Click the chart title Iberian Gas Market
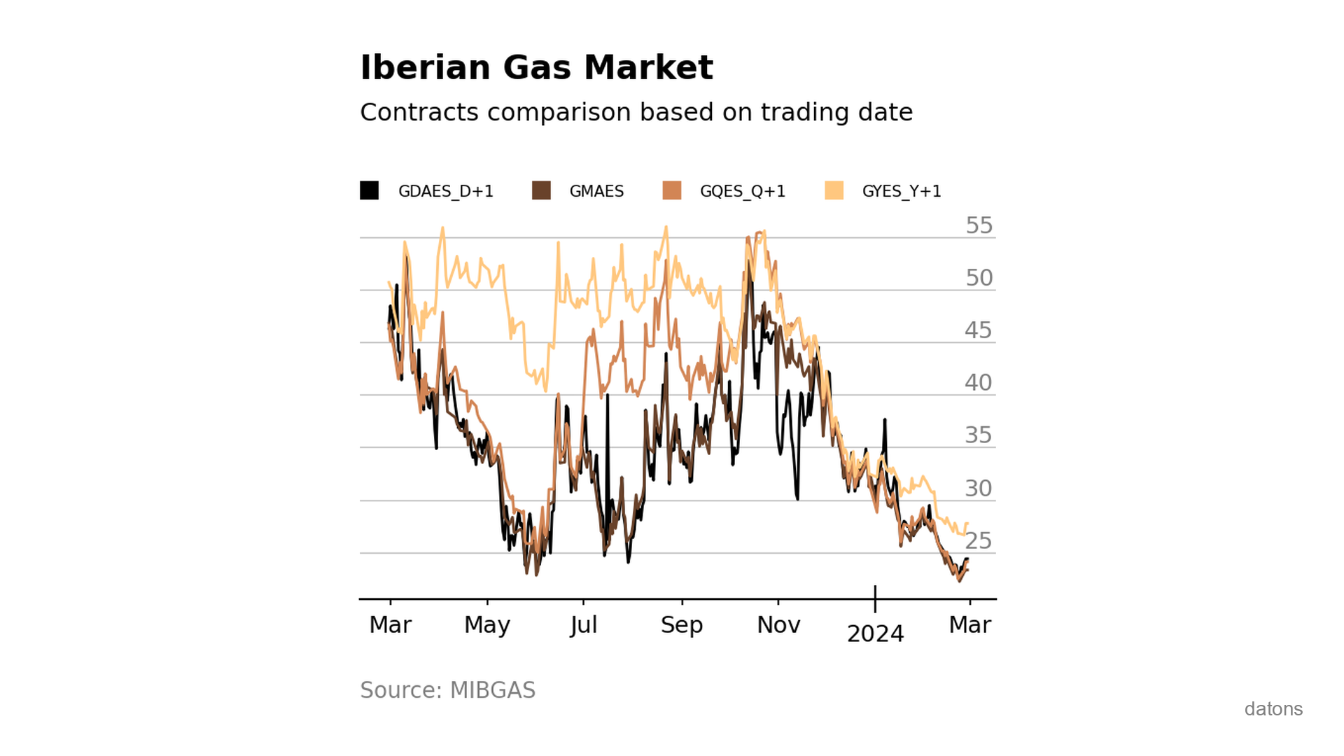536,68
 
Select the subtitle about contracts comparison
636,112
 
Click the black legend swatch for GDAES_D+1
370,190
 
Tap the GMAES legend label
596,191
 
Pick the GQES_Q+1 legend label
742,191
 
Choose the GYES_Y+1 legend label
901,191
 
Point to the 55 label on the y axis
979,225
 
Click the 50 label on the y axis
979,278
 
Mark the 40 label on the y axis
978,383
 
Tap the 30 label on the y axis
978,489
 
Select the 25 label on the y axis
978,541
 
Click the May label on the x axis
486,624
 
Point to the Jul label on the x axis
583,624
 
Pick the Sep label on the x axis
681,624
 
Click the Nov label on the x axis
778,624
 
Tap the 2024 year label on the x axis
875,633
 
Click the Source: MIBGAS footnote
447,690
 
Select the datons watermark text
1273,709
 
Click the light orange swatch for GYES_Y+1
834,190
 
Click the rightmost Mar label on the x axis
969,624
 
